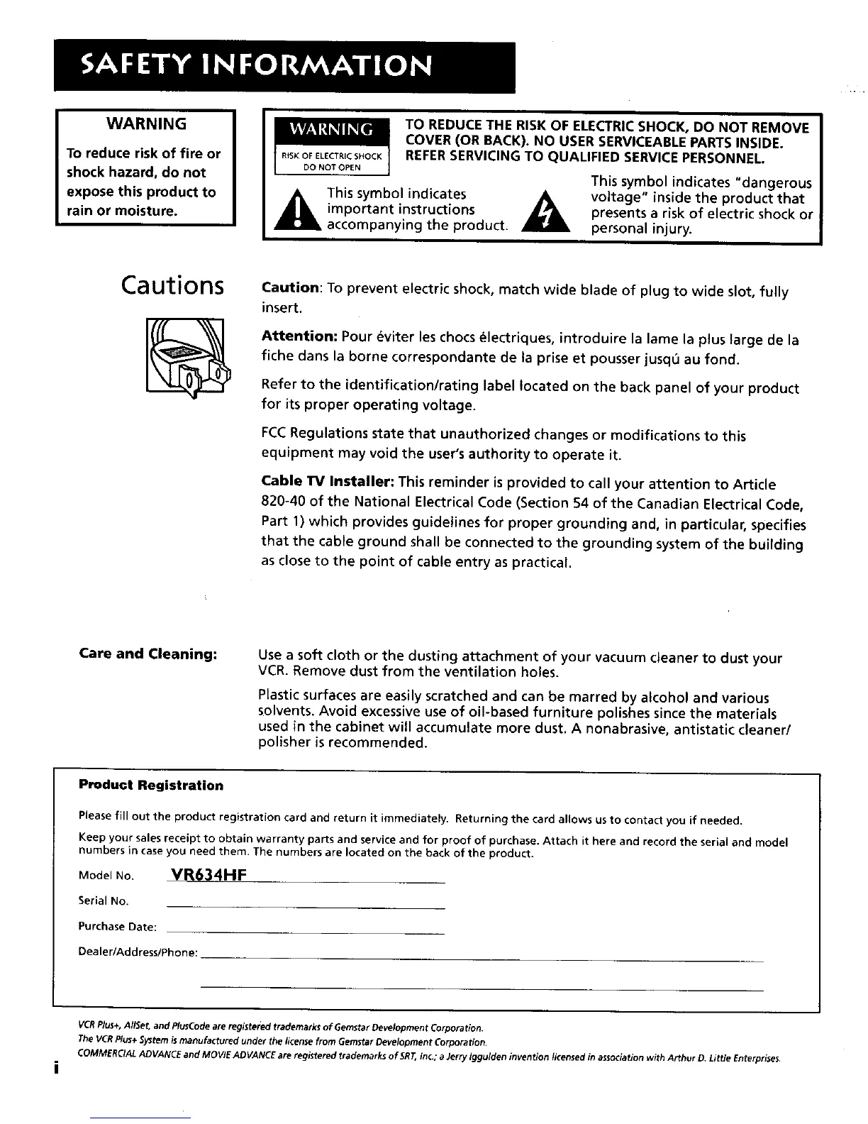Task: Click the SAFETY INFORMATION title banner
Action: (284, 67)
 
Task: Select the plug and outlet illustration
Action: (185, 356)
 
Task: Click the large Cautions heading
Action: (173, 285)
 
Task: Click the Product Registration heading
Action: (151, 786)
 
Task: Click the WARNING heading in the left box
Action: (146, 124)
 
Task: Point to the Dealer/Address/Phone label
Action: (138, 952)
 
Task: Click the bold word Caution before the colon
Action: (291, 288)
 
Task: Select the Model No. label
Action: (106, 876)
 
